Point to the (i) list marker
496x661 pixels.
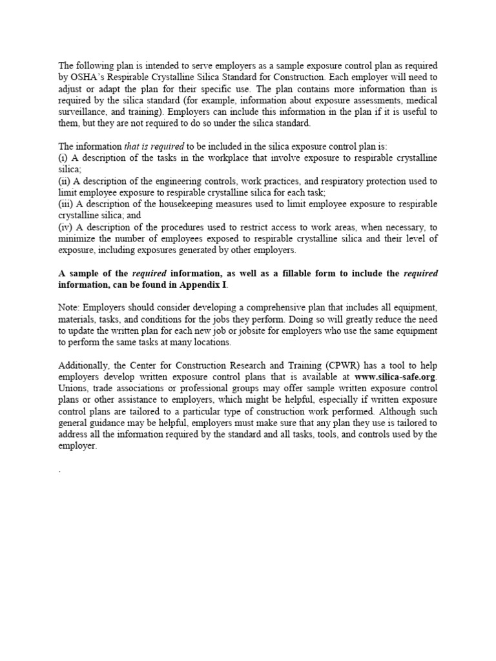coord(63,159)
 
